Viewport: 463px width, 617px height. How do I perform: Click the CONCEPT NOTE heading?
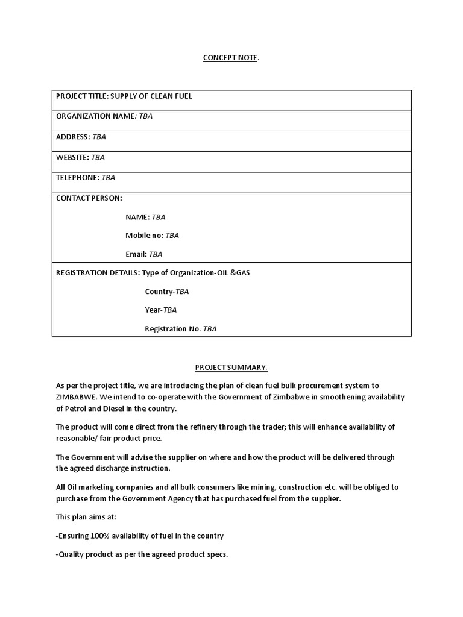point(230,57)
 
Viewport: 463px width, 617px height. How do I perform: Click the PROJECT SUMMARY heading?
point(231,367)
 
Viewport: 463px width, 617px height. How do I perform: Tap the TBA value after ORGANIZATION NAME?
point(145,116)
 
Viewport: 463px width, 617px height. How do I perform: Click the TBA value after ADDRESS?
point(99,137)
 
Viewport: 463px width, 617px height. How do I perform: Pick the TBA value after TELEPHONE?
point(108,178)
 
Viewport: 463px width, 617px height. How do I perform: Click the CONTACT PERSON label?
point(89,198)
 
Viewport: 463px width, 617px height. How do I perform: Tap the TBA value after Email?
point(155,254)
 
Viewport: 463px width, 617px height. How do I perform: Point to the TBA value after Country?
point(181,292)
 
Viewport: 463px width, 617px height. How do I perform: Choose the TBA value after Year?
point(170,310)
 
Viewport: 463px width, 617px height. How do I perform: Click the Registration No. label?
point(172,329)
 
